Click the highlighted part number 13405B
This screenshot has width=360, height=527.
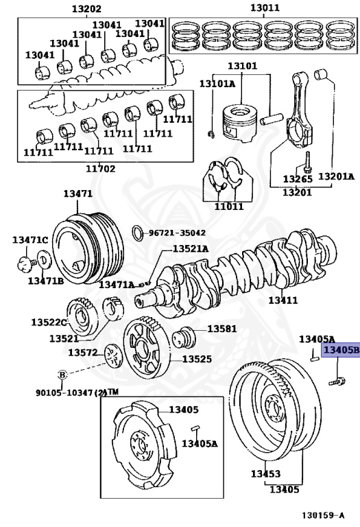coord(341,350)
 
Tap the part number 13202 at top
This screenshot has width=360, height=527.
coord(86,8)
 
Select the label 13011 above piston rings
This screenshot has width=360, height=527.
coord(265,8)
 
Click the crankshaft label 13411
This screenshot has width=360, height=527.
coord(283,300)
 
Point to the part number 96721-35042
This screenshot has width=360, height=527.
coord(177,233)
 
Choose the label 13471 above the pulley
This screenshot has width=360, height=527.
coord(78,194)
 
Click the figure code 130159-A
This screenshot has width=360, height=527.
coord(323,515)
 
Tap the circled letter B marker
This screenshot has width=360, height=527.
coord(63,375)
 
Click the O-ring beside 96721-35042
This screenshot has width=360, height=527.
coord(138,233)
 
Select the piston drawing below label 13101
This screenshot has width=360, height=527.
coord(241,123)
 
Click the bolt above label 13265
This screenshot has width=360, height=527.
coord(307,163)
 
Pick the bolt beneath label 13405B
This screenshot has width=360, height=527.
coord(337,382)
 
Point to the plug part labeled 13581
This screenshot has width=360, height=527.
coord(184,338)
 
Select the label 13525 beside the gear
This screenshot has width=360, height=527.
coord(197,359)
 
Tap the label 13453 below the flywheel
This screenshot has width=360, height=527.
coord(265,473)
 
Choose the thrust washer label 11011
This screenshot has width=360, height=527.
coord(229,206)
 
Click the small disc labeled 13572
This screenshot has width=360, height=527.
coord(113,355)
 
